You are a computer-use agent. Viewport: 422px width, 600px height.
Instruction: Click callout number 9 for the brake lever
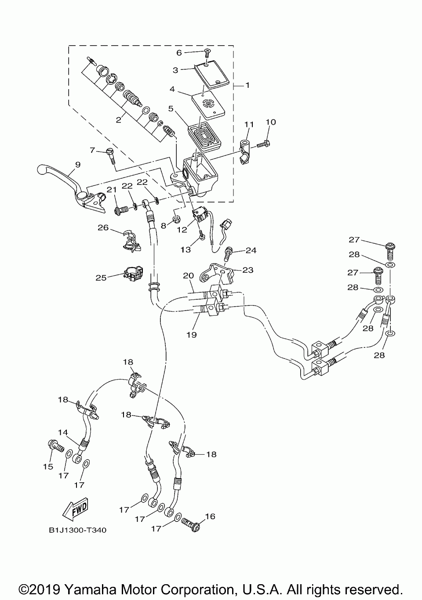pyautogui.click(x=78, y=164)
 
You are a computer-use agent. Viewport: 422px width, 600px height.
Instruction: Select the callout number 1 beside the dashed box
pyautogui.click(x=247, y=85)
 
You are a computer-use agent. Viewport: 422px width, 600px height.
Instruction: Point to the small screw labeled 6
pyautogui.click(x=207, y=53)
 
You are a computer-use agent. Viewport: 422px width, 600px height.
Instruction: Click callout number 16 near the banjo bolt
pyautogui.click(x=211, y=516)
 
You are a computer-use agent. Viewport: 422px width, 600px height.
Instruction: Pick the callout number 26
pyautogui.click(x=103, y=228)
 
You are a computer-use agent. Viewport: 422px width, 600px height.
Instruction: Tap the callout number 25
pyautogui.click(x=101, y=278)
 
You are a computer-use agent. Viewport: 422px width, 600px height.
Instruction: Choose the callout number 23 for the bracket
pyautogui.click(x=248, y=270)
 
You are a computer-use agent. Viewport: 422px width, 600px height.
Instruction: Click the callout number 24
pyautogui.click(x=251, y=250)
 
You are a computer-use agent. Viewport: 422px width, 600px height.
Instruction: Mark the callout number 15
pyautogui.click(x=48, y=466)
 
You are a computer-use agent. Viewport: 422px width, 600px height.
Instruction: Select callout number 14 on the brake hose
pyautogui.click(x=63, y=433)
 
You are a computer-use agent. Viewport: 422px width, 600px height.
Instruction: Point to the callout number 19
pyautogui.click(x=192, y=335)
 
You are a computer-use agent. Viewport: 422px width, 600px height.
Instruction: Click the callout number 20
pyautogui.click(x=189, y=275)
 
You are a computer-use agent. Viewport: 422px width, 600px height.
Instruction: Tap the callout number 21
pyautogui.click(x=112, y=190)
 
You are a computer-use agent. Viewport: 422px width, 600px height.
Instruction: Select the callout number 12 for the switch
pyautogui.click(x=182, y=230)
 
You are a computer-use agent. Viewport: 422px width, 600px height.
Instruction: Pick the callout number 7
pyautogui.click(x=92, y=150)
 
